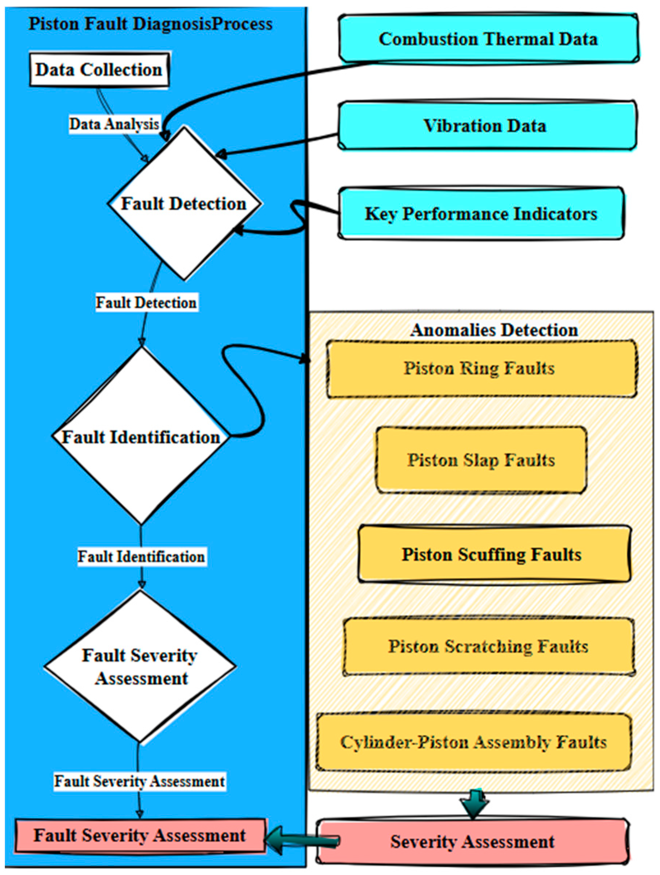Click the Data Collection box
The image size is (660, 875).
tap(99, 70)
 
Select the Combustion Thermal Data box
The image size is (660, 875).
tap(488, 39)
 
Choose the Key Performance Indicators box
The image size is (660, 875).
tap(481, 214)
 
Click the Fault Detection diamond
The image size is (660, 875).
tap(184, 204)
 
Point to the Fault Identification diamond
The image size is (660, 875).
tap(141, 437)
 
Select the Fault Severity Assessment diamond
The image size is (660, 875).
tap(140, 666)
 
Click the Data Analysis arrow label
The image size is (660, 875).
tap(114, 124)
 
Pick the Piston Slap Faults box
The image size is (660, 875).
tap(481, 460)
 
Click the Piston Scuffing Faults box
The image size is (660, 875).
tap(492, 554)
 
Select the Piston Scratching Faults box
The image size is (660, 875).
tap(488, 646)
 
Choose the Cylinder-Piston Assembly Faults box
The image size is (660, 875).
tap(473, 742)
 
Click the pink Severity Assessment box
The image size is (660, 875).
tap(472, 841)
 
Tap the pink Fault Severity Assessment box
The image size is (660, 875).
tap(139, 835)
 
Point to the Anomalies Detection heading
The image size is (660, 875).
tap(494, 330)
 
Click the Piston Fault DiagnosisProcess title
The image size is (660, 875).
tap(151, 24)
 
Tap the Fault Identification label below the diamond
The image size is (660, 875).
tap(141, 557)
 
